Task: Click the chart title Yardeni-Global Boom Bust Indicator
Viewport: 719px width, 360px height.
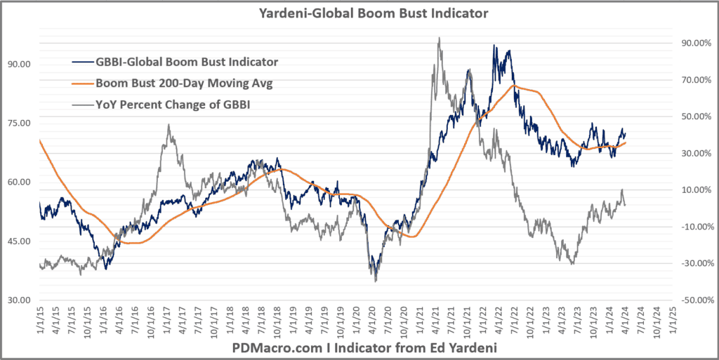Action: tap(359, 13)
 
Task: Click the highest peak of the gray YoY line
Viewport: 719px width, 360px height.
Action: tap(439, 39)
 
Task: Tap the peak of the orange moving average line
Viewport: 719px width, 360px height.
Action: tap(515, 86)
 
